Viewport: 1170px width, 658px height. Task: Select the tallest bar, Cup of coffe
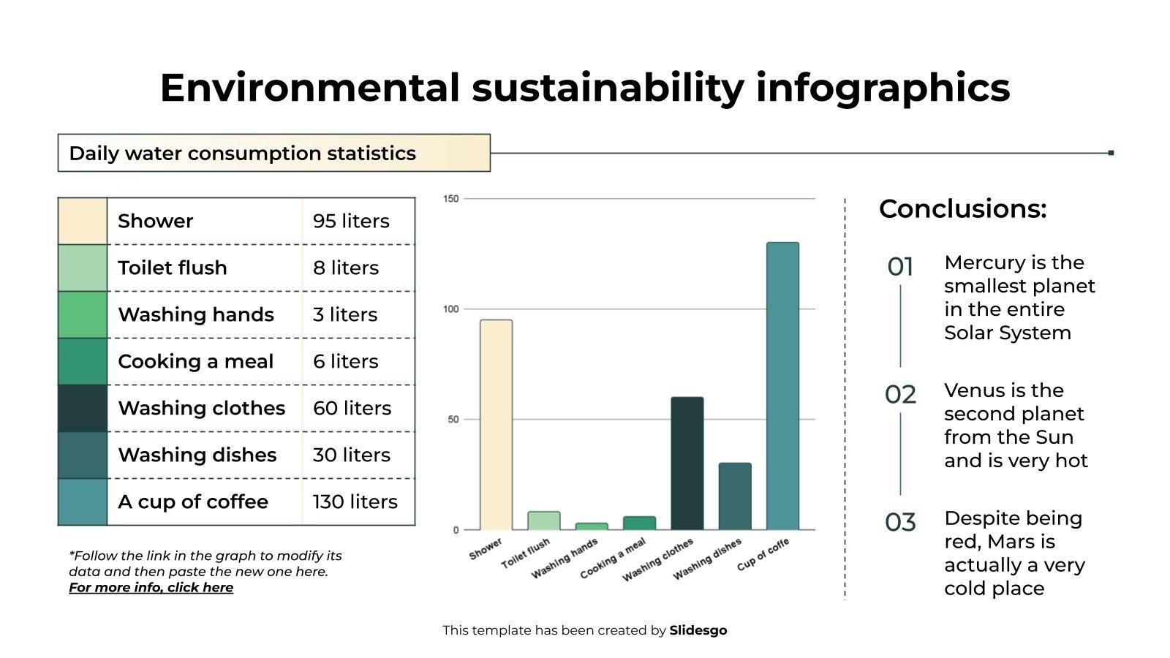782,386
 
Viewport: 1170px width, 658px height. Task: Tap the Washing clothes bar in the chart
687,463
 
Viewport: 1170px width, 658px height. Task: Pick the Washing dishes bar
734,496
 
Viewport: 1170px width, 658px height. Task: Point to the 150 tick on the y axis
451,199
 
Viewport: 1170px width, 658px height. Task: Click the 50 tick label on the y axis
453,420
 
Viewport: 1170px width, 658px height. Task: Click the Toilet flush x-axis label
525,553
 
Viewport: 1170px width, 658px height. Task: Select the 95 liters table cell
351,221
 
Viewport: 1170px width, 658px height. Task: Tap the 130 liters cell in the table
355,502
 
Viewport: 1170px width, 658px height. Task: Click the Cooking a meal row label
195,361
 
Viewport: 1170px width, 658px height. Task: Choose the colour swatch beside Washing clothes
83,408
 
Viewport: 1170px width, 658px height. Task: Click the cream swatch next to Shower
83,221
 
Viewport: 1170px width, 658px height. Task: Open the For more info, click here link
151,588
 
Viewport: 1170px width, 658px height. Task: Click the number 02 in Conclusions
900,395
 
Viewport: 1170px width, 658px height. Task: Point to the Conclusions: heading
962,209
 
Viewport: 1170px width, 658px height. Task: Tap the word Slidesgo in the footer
698,630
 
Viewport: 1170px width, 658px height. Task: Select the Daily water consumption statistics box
273,153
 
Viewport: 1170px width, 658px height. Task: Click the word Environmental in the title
309,88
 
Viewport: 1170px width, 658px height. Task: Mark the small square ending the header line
1111,153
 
